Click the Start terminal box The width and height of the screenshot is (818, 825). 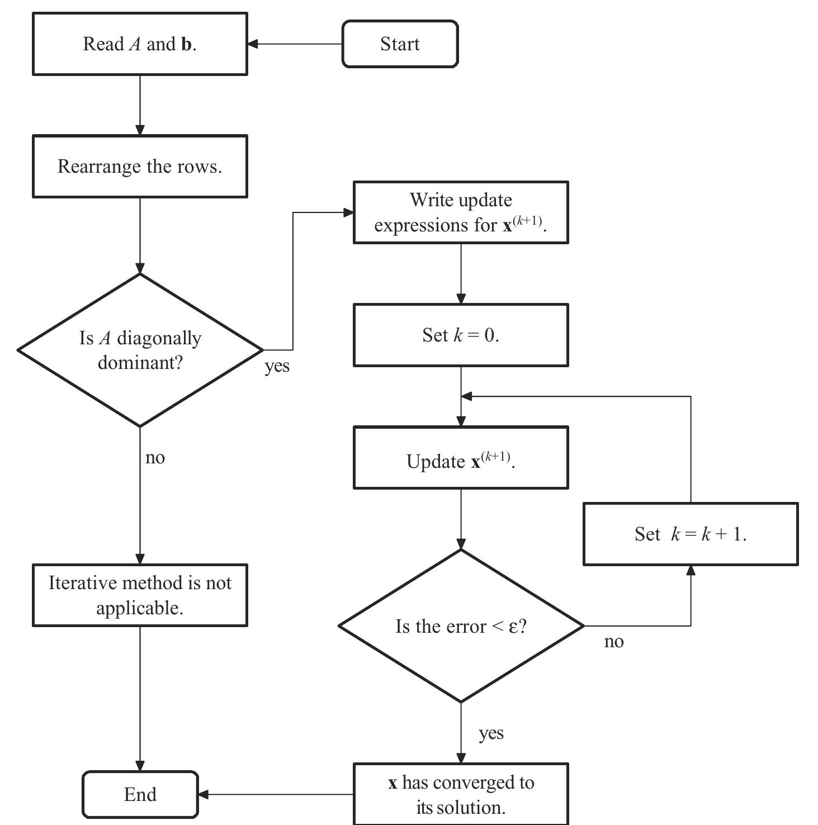tap(400, 44)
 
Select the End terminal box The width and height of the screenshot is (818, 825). tap(140, 794)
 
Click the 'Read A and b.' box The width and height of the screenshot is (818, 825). tap(140, 44)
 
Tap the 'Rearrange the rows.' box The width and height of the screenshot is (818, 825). tap(140, 166)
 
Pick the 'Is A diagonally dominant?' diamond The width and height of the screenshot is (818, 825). tap(140, 350)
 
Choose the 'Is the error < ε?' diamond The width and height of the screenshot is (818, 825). tap(461, 626)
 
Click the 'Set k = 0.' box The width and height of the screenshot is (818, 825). tap(461, 335)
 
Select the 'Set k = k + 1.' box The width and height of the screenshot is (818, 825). tap(691, 534)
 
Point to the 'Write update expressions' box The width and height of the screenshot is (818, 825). tap(461, 212)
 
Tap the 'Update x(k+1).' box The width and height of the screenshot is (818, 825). tap(461, 458)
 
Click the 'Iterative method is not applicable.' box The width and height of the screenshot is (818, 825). tap(140, 595)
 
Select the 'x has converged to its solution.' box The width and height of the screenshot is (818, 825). tap(461, 794)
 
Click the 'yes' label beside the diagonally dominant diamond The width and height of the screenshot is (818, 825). tap(277, 366)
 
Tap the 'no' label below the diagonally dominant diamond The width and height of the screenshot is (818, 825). tap(155, 457)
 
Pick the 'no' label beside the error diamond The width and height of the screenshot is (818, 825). tap(613, 641)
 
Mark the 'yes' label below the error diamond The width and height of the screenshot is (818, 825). tap(491, 733)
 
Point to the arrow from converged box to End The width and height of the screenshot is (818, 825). tap(276, 794)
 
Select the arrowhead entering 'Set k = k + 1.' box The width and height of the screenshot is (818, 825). tap(691, 571)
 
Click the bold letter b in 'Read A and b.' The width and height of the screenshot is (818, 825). tap(186, 44)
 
